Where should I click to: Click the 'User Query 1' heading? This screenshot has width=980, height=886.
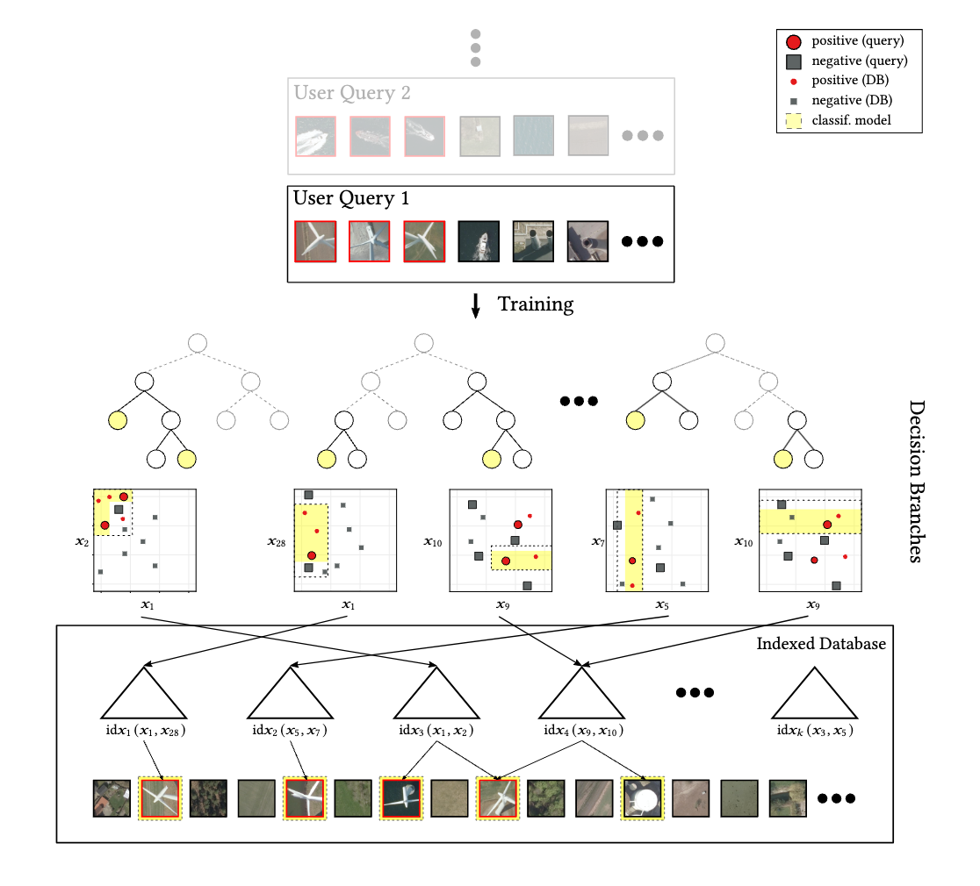[x=351, y=198]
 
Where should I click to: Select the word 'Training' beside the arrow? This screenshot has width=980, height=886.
[x=536, y=304]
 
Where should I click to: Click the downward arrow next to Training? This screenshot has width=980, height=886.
[x=476, y=305]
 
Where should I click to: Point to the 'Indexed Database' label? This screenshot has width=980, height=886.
[x=821, y=644]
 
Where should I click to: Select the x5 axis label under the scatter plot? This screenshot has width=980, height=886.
[x=663, y=604]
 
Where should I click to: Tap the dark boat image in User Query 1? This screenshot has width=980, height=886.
[x=479, y=241]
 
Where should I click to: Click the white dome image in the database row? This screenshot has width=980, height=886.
[x=642, y=798]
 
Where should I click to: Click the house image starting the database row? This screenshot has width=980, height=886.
[x=112, y=798]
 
